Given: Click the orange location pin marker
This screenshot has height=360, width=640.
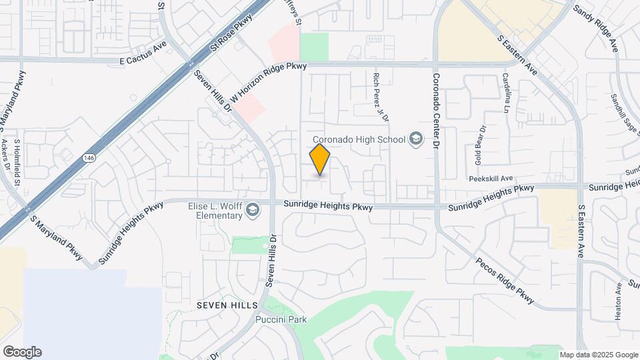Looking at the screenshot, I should (320, 159).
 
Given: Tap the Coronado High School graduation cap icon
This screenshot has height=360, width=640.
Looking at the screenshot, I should (417, 139).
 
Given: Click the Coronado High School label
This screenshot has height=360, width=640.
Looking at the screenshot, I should (359, 139).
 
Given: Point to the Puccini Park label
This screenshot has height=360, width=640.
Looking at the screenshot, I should (281, 319).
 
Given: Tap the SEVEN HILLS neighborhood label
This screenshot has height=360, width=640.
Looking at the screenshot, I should (227, 305).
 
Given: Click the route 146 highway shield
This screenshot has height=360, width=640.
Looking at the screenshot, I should (88, 158).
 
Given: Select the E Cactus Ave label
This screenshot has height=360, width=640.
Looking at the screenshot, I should (143, 60).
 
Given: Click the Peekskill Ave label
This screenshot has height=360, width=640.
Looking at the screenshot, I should (490, 179).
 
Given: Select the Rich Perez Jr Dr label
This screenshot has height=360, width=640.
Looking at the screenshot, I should (381, 97).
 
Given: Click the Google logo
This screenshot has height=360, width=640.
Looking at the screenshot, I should (21, 352).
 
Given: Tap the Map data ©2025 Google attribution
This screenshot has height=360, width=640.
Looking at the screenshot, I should (598, 355).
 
